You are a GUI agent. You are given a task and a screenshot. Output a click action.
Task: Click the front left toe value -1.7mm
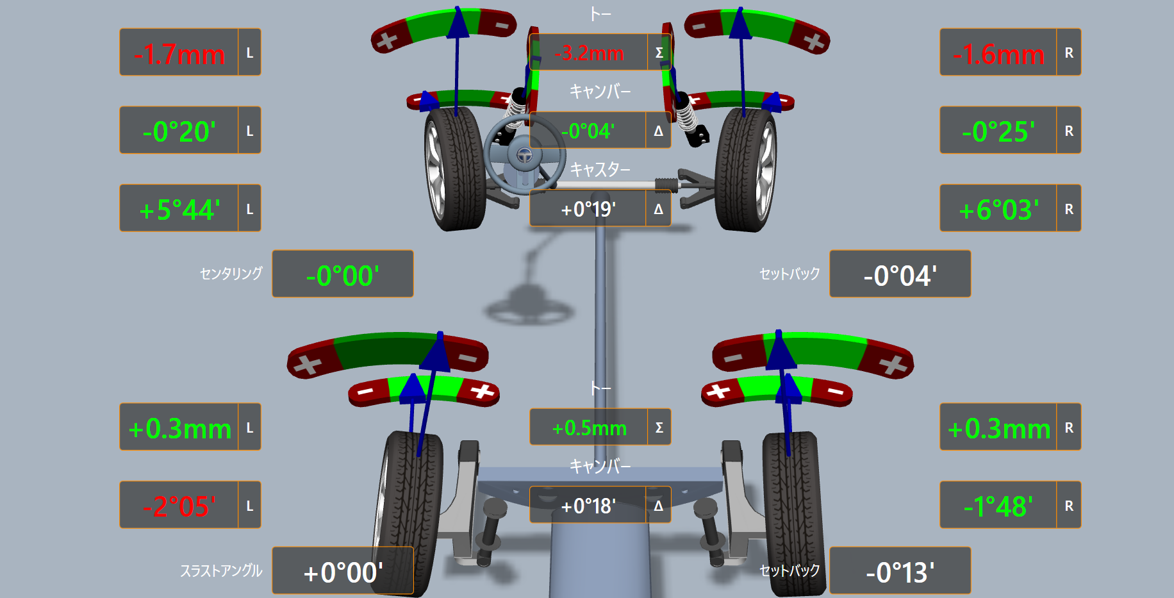coord(179,54)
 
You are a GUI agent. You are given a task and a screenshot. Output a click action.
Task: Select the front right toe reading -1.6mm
coord(998,54)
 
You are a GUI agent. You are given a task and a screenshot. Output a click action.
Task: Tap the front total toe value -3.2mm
coord(589,53)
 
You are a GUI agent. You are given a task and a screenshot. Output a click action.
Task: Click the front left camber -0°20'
coord(179,132)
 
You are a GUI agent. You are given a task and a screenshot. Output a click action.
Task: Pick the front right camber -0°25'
coord(998,132)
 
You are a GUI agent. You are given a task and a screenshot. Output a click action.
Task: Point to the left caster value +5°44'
coord(179,210)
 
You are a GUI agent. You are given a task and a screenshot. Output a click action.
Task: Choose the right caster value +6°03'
coord(998,210)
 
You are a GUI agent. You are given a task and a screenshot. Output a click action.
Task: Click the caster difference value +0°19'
coord(588,210)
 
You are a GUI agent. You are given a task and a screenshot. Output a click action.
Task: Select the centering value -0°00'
coord(343,276)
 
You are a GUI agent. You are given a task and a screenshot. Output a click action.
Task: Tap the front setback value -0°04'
coord(900,276)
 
